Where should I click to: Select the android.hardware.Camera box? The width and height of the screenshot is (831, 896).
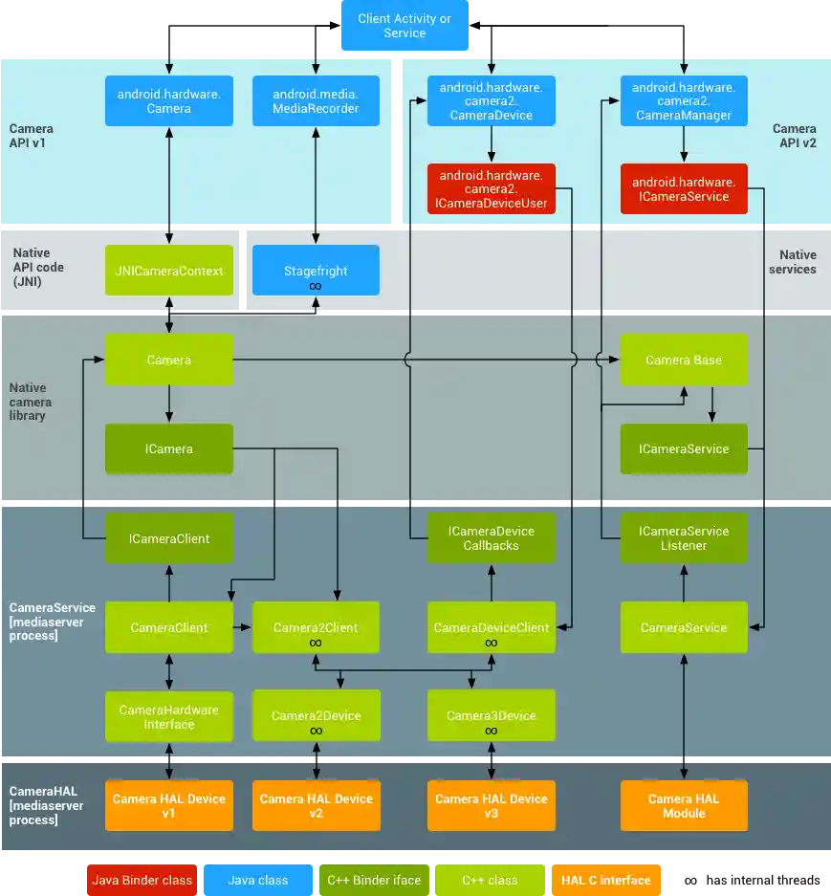pyautogui.click(x=168, y=100)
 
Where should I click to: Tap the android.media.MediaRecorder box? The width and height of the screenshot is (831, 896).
pyautogui.click(x=316, y=100)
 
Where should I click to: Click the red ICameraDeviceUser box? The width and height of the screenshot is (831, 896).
pyautogui.click(x=492, y=188)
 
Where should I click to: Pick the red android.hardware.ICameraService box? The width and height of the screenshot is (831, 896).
pyautogui.click(x=684, y=188)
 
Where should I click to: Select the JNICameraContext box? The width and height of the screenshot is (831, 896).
pyautogui.click(x=168, y=271)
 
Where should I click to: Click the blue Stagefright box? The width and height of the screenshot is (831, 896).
pyautogui.click(x=316, y=271)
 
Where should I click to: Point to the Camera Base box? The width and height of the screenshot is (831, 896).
pyautogui.click(x=684, y=360)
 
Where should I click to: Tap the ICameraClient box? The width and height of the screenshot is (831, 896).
pyautogui.click(x=168, y=538)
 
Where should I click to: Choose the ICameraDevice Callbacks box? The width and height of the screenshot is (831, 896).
pyautogui.click(x=492, y=538)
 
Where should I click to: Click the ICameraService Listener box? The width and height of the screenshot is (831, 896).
pyautogui.click(x=684, y=538)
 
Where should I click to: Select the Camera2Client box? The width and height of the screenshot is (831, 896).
pyautogui.click(x=316, y=627)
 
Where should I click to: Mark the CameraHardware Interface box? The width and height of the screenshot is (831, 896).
pyautogui.click(x=168, y=716)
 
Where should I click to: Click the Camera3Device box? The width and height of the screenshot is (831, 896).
pyautogui.click(x=492, y=716)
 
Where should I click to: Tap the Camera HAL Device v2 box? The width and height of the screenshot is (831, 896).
pyautogui.click(x=316, y=805)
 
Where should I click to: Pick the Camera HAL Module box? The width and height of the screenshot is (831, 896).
pyautogui.click(x=684, y=805)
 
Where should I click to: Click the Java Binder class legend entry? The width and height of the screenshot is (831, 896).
pyautogui.click(x=142, y=880)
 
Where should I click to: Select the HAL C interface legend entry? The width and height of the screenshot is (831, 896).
pyautogui.click(x=605, y=880)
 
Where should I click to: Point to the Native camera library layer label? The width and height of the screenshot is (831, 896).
pyautogui.click(x=31, y=402)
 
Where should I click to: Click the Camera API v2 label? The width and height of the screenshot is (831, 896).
pyautogui.click(x=794, y=136)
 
